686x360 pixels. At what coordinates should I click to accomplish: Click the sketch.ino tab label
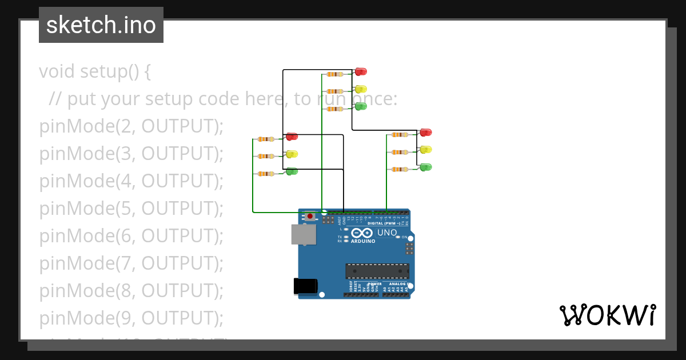[101, 25]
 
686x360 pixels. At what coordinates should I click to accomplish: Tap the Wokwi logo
[607, 315]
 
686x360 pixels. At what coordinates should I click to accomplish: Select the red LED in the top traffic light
[361, 71]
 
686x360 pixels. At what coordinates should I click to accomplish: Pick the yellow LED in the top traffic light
[361, 89]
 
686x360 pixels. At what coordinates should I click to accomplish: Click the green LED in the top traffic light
[361, 106]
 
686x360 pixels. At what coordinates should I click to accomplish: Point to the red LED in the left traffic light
[292, 137]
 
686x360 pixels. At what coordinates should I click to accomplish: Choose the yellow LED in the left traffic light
[292, 154]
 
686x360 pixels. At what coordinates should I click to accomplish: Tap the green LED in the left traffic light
[292, 171]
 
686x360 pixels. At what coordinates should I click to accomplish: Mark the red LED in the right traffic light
[426, 133]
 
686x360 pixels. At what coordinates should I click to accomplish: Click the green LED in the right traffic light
[426, 167]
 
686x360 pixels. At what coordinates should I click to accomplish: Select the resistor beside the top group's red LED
[334, 74]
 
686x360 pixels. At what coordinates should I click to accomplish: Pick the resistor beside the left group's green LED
[266, 174]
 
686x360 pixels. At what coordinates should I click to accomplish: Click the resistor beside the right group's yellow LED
[400, 152]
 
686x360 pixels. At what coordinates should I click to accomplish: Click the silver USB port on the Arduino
[304, 234]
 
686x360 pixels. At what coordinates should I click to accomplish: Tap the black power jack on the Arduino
[305, 286]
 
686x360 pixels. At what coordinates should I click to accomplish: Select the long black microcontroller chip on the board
[377, 271]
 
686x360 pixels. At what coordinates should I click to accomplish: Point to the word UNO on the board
[388, 233]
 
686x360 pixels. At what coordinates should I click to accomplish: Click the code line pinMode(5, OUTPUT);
[131, 209]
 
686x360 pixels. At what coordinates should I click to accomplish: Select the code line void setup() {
[95, 71]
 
